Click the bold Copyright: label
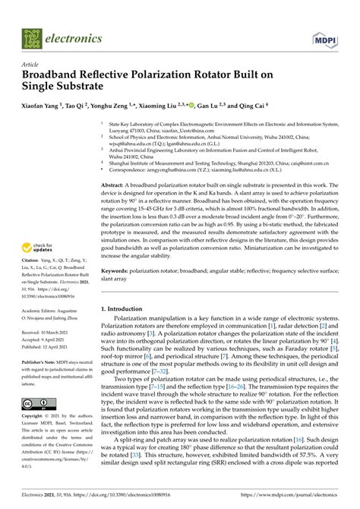[33, 417]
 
